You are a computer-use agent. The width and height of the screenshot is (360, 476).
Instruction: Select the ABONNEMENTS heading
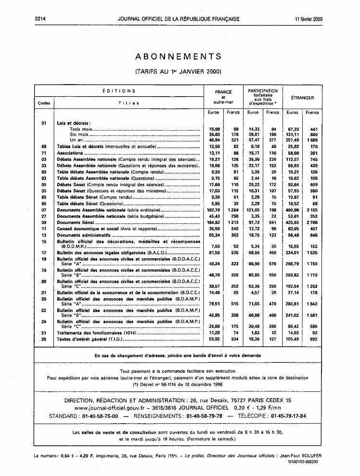click(179, 56)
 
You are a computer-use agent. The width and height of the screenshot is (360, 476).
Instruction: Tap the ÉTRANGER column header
click(302, 98)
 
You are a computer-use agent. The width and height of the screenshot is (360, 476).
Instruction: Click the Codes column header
click(44, 103)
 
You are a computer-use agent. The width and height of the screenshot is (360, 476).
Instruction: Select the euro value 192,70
click(213, 210)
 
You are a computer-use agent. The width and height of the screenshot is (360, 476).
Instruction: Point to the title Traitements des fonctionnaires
click(96, 332)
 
